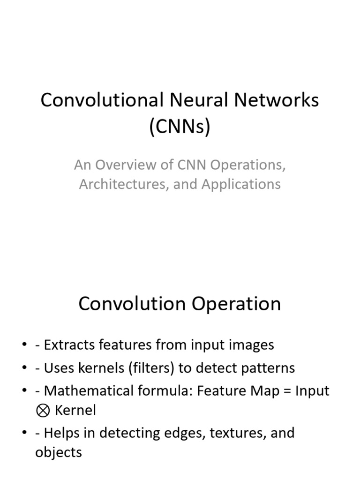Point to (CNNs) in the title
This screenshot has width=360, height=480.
pos(180,127)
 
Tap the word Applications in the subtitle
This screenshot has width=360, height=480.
pos(241,184)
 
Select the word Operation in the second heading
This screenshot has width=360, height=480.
pos(234,304)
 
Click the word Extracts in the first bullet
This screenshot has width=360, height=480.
pos(63,345)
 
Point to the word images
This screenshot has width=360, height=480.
pos(253,345)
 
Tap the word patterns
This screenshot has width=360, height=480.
pos(270,368)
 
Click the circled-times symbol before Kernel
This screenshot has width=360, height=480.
pos(42,411)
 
